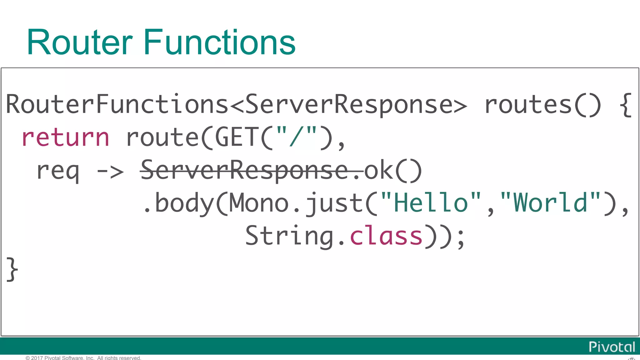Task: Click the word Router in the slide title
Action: [80, 42]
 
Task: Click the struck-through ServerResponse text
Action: [244, 171]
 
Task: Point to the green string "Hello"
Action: [431, 203]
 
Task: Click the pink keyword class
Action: [386, 236]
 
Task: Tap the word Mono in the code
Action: [259, 203]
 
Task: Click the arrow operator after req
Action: [110, 171]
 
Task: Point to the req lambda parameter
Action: [57, 171]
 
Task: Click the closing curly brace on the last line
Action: [12, 269]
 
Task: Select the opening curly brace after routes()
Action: [626, 105]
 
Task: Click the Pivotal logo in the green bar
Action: [612, 347]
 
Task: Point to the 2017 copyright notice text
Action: [83, 358]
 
